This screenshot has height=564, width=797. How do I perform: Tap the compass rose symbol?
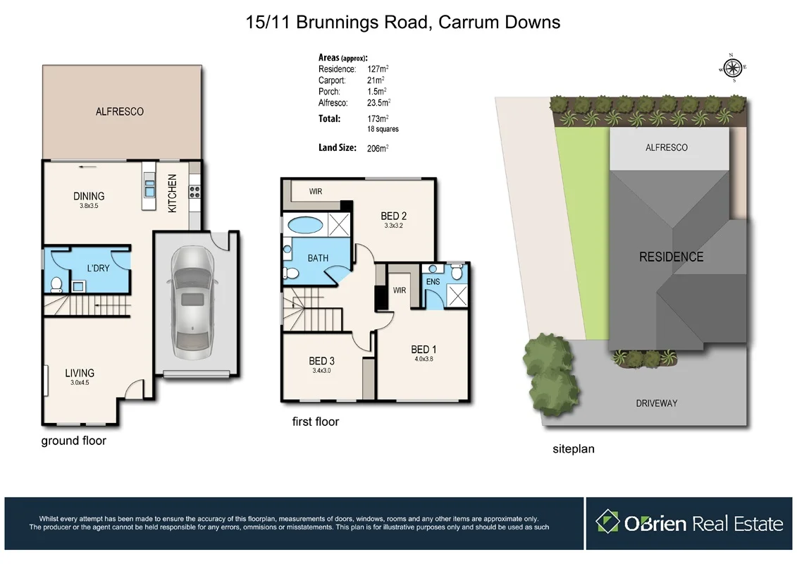click(x=733, y=68)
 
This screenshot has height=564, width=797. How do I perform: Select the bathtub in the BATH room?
click(x=304, y=226)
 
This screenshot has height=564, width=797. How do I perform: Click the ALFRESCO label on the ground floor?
click(x=120, y=111)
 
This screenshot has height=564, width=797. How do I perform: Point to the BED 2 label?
click(x=393, y=216)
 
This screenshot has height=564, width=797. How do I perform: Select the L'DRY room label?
click(x=98, y=269)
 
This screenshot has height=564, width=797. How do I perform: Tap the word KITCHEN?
click(x=173, y=194)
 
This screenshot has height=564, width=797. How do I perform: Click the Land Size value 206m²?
click(x=378, y=148)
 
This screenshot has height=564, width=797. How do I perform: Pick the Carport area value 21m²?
click(x=376, y=80)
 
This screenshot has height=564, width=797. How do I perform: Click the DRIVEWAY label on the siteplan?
click(x=656, y=403)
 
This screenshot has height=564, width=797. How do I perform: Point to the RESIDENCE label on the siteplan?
click(x=671, y=257)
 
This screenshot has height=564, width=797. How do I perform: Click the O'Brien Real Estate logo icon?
click(x=607, y=522)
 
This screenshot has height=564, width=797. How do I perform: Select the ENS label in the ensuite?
click(x=433, y=282)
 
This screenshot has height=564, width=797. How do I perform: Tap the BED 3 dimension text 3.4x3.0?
click(x=321, y=370)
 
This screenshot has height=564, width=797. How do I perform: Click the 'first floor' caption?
click(x=315, y=422)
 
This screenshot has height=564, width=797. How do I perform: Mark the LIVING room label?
click(x=80, y=373)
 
